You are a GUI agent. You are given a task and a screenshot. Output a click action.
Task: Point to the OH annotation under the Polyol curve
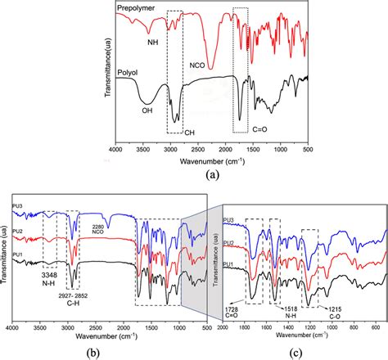point(147,123)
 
